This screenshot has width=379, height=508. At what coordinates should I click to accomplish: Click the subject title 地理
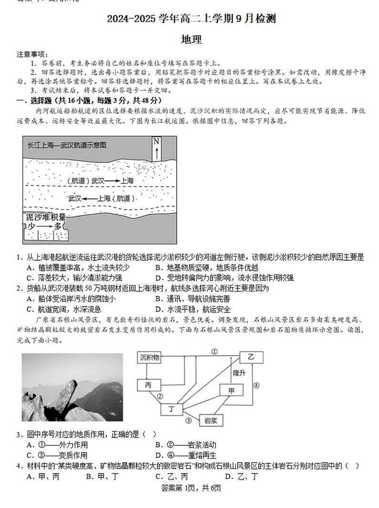pos(191,40)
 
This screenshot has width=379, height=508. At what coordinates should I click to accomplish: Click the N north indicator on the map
pos(156,148)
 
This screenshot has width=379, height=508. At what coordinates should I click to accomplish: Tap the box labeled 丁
pos(171,409)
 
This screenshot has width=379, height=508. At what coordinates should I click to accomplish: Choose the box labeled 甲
pos(232,390)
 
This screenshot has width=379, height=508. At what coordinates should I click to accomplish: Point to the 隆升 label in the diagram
pos(239,373)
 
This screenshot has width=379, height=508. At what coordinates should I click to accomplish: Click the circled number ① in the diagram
pos(214,351)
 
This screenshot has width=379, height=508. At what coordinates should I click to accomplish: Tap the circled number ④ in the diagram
pos(256,386)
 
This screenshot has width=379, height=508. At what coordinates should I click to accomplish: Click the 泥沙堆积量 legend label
pos(45,217)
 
